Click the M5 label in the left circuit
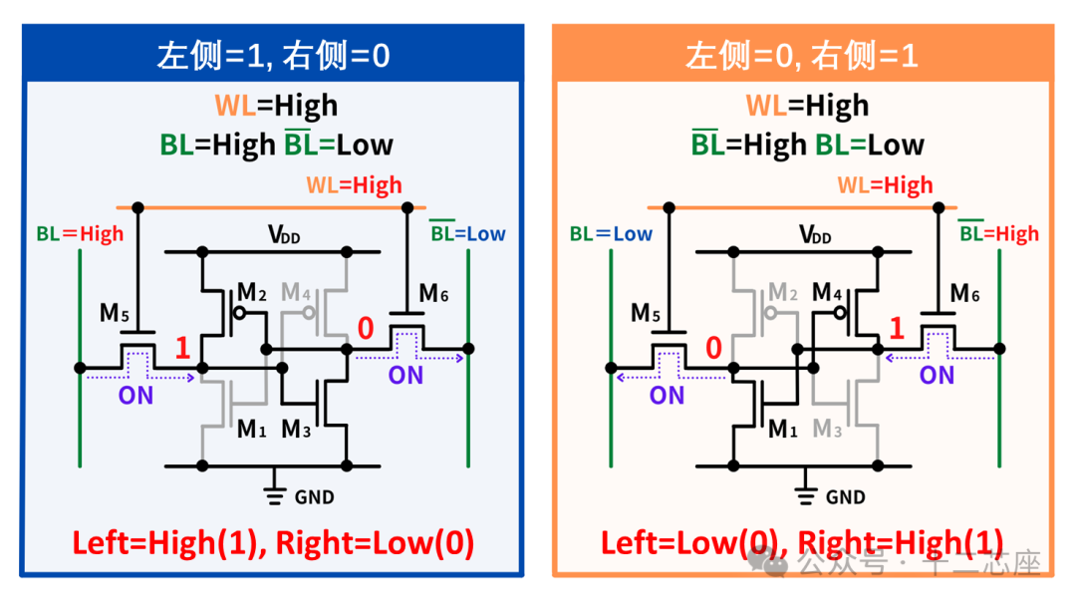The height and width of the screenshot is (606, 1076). (x=116, y=312)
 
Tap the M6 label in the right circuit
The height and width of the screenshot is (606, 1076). (x=964, y=293)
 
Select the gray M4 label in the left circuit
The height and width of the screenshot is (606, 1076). (x=297, y=293)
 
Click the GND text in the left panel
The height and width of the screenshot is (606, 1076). (x=314, y=496)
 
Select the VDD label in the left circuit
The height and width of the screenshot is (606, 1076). (x=285, y=235)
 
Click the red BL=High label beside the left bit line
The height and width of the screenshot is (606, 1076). (x=80, y=234)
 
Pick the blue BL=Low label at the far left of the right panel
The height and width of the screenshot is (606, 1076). (x=611, y=234)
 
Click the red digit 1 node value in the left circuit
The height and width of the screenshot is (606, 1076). (x=182, y=348)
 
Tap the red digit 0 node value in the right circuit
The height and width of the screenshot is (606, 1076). (x=712, y=348)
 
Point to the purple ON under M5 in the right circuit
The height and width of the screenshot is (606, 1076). (x=667, y=395)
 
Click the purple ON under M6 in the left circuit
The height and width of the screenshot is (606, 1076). (x=405, y=376)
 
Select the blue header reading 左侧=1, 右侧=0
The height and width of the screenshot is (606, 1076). (x=272, y=56)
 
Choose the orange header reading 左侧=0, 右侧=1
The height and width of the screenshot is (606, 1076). (x=802, y=56)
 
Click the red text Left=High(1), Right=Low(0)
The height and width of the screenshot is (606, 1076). (x=273, y=543)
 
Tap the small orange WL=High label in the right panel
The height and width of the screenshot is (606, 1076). (x=885, y=185)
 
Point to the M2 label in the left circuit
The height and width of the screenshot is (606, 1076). (x=251, y=293)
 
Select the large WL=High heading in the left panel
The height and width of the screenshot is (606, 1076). (x=276, y=106)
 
